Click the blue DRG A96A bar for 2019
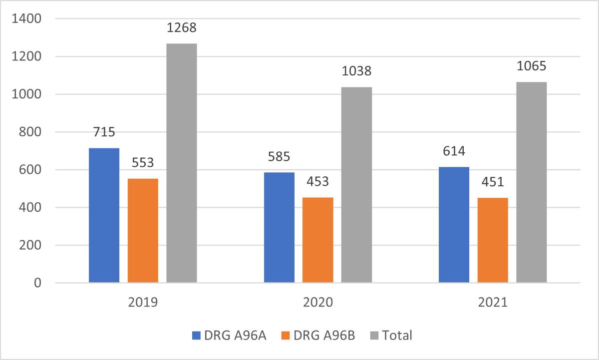(104, 215)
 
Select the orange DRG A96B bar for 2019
(143, 231)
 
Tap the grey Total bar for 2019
(182, 163)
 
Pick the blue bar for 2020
(279, 228)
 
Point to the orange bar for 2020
(318, 240)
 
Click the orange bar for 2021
(493, 240)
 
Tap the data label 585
(279, 157)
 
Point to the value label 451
(493, 182)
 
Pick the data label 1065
(532, 66)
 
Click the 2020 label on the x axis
(318, 303)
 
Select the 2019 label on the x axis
(143, 303)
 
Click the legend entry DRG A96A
(229, 335)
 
